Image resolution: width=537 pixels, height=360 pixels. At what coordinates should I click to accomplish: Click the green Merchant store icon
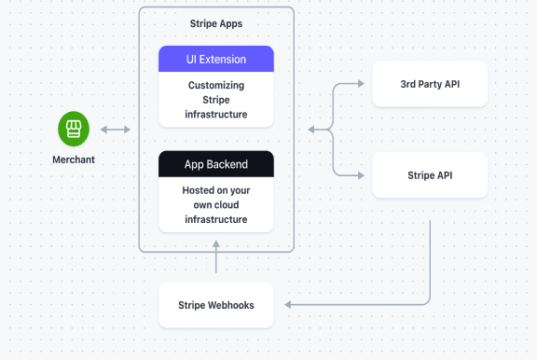tap(73, 129)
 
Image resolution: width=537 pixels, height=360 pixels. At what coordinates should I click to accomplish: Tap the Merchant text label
tap(73, 159)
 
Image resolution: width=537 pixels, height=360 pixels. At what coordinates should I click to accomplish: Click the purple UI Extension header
tap(215, 59)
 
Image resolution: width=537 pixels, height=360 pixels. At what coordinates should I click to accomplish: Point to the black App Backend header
tap(215, 164)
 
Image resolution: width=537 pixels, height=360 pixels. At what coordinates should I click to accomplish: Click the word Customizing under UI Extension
tap(215, 85)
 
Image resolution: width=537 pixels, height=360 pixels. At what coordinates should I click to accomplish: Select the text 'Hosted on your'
tap(215, 189)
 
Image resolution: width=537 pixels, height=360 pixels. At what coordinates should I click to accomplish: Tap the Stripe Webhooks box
tap(215, 305)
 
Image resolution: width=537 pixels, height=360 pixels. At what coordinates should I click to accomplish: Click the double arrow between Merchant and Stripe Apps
tap(117, 130)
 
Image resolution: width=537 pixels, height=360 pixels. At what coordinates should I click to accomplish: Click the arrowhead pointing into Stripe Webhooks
tap(289, 305)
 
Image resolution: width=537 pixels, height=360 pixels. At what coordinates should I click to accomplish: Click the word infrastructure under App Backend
tap(215, 219)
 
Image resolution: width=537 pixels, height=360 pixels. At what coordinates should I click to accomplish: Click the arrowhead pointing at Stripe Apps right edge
tap(313, 130)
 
